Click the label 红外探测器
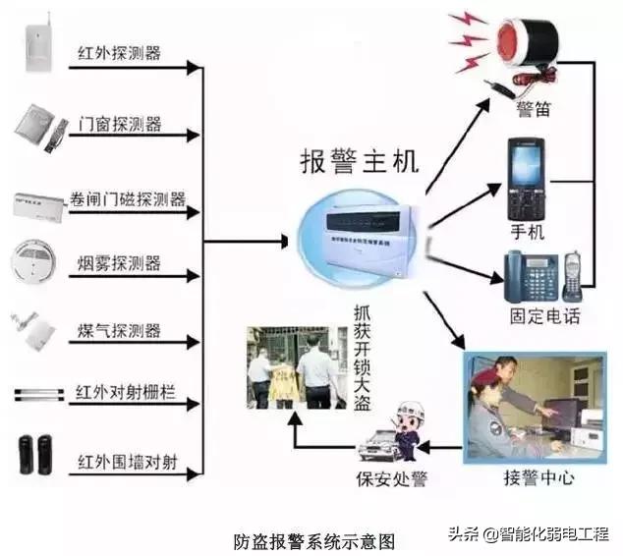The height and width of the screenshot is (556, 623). tap(120, 52)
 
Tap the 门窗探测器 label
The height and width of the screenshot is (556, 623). tap(120, 126)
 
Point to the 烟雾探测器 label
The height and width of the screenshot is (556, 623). tap(120, 263)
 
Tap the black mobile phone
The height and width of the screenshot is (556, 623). tap(526, 182)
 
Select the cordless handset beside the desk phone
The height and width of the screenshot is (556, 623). tap(573, 274)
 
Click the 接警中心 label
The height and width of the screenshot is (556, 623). tap(538, 477)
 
